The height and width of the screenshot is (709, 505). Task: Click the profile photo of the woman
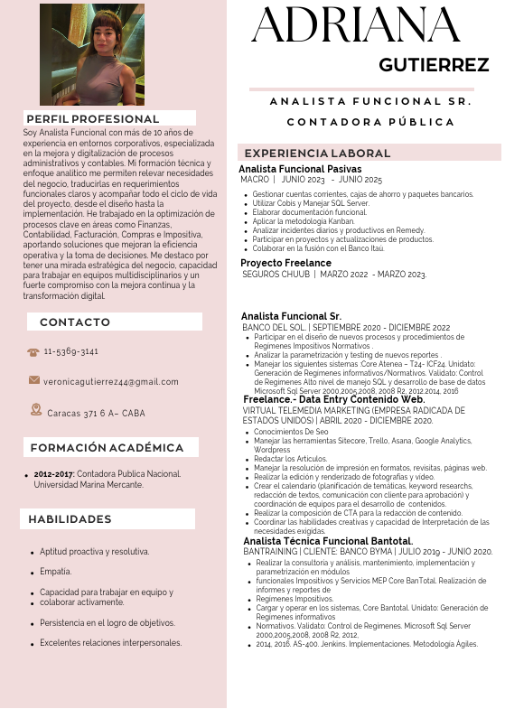pos(91,54)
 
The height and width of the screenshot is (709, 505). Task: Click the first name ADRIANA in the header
pos(357,26)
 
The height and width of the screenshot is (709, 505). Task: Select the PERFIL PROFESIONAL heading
pos(92,118)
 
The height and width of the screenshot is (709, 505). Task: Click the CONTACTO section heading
pos(75,322)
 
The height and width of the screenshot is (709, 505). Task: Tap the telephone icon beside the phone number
pos(33,351)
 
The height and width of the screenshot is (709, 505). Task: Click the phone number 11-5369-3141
pos(71,351)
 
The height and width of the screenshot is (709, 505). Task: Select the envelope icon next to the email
pos(34,381)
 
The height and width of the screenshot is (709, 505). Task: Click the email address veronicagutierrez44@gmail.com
pos(117,382)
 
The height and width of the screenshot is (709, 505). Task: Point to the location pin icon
pos(36,410)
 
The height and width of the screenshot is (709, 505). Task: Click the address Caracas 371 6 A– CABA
pos(96,413)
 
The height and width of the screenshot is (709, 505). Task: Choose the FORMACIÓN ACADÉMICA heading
pos(107,448)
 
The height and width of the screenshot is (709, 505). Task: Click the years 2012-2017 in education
pos(54,473)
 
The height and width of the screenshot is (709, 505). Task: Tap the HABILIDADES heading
pos(70,519)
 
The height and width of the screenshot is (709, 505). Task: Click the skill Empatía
pos(56,572)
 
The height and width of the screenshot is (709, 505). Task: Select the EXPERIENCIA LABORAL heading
pos(317,154)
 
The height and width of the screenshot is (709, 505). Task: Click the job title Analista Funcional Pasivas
pos(300,169)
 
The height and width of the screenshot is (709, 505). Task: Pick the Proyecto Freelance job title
pos(286,263)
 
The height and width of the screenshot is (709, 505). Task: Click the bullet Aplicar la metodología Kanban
pos(304,221)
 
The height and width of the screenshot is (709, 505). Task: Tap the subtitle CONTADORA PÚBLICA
pos(370,122)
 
